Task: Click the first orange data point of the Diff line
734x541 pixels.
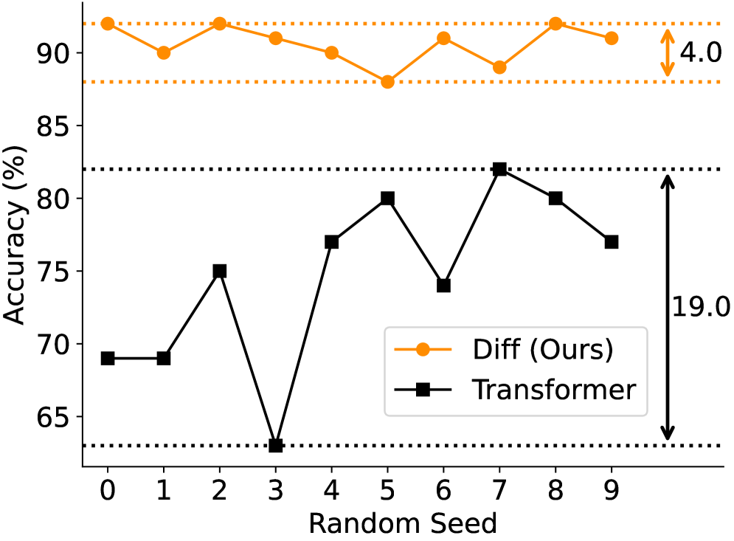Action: coord(108,24)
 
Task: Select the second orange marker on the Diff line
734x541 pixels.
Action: coord(164,53)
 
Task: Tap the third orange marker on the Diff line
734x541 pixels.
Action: coord(219,24)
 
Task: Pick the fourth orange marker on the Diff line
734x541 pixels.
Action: coord(275,38)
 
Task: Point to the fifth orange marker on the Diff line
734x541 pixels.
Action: coord(331,53)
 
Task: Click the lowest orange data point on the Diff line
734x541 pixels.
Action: coord(387,82)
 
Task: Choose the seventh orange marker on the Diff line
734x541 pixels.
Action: coord(443,38)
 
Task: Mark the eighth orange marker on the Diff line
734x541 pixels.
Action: coord(499,67)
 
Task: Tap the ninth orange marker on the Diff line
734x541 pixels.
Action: coord(555,24)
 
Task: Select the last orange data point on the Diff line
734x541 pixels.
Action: coord(612,38)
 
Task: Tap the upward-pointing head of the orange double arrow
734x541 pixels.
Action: coord(667,34)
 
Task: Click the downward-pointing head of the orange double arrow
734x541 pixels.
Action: coord(667,72)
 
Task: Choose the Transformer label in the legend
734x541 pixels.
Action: coord(553,390)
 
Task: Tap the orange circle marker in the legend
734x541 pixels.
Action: coord(423,350)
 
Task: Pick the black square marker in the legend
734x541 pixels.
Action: coord(423,390)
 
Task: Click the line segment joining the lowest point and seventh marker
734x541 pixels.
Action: coord(415,60)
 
